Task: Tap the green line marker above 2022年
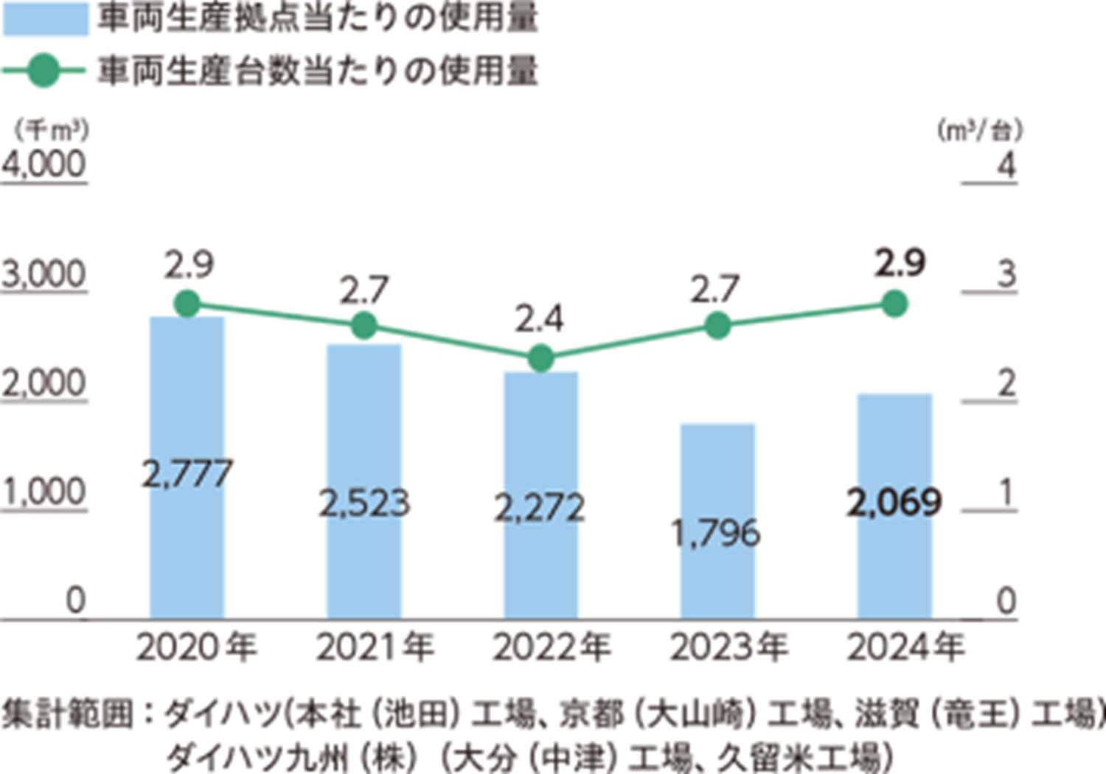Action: (540, 359)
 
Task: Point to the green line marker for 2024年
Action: (894, 304)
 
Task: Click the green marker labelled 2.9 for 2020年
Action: (187, 304)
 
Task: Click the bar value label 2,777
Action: (187, 473)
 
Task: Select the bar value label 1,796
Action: (716, 532)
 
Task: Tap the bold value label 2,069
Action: (894, 503)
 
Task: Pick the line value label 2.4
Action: (539, 319)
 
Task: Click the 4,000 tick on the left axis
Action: (44, 164)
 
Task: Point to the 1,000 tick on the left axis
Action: (44, 492)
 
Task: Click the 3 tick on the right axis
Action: (1006, 275)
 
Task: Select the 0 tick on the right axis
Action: (1006, 602)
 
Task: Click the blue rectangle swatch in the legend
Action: (46, 18)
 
